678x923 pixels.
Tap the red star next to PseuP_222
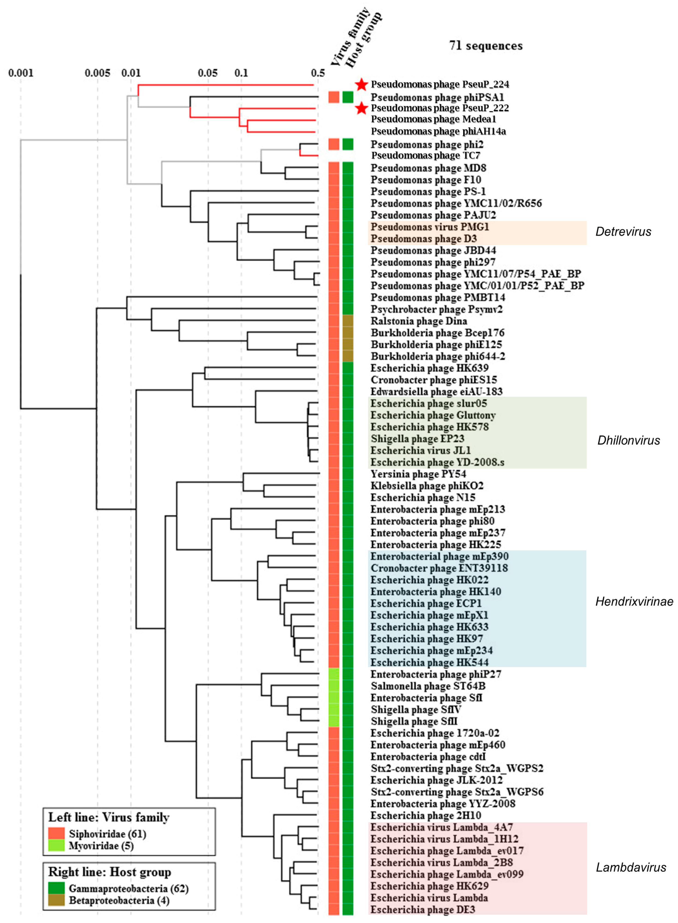click(x=361, y=108)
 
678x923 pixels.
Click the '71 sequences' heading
click(x=486, y=46)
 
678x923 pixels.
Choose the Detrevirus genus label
click(x=623, y=232)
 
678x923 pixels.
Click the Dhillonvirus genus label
click(x=628, y=440)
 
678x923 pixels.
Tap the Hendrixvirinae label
click(x=634, y=602)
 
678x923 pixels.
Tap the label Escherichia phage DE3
click(x=423, y=910)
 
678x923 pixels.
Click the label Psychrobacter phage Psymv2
click(x=437, y=309)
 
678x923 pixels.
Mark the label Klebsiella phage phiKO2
click(x=427, y=486)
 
